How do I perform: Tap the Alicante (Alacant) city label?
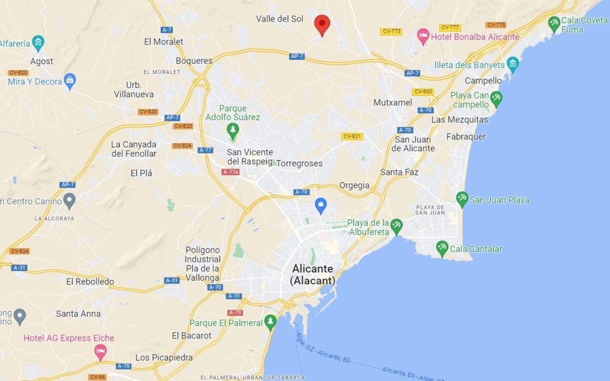[313, 274]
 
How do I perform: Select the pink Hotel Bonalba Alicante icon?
[423, 37]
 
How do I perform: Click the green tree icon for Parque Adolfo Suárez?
[233, 130]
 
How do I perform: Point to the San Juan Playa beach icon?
[462, 199]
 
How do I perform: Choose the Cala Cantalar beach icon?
[442, 249]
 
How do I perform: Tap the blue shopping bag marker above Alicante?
[321, 206]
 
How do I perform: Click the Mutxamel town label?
[393, 102]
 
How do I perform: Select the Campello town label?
[483, 81]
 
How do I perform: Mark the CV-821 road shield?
[352, 136]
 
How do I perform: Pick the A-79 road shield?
[235, 312]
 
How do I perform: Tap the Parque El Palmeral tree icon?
[270, 322]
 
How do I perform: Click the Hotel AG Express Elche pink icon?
[100, 352]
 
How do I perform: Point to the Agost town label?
[41, 61]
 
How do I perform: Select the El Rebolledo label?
[90, 281]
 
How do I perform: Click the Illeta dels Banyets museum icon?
[513, 64]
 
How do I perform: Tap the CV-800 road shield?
[423, 91]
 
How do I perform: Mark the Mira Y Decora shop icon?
[70, 82]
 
